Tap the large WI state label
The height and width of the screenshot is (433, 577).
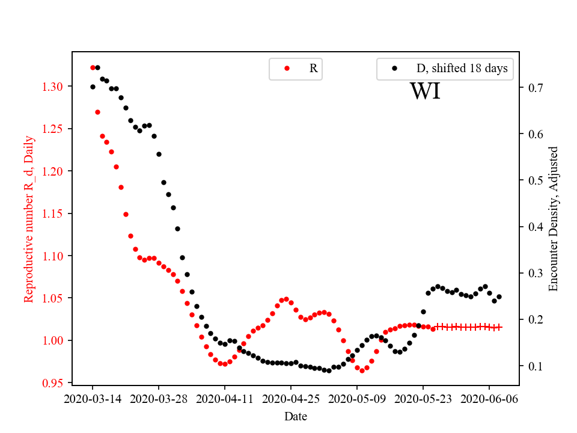click(x=425, y=91)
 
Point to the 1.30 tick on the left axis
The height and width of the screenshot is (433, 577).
click(x=53, y=87)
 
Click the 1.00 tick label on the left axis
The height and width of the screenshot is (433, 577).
click(x=53, y=340)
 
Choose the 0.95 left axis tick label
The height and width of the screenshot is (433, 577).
click(x=53, y=383)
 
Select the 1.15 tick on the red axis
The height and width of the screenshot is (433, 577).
click(x=53, y=213)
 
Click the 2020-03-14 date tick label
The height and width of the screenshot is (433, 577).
click(x=93, y=399)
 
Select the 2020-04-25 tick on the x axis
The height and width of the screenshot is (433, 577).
click(x=291, y=399)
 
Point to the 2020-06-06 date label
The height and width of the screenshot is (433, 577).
click(x=489, y=399)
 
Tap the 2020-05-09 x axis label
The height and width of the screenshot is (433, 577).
click(x=357, y=399)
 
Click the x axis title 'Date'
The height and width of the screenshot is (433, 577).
click(x=295, y=416)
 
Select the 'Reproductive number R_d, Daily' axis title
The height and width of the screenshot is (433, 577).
click(x=28, y=219)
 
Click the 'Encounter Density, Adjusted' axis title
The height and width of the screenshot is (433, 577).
click(x=554, y=219)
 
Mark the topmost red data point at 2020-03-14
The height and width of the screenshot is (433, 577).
click(x=93, y=67)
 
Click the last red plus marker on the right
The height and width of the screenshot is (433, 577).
click(x=499, y=327)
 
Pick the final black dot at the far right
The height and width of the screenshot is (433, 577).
click(x=499, y=296)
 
